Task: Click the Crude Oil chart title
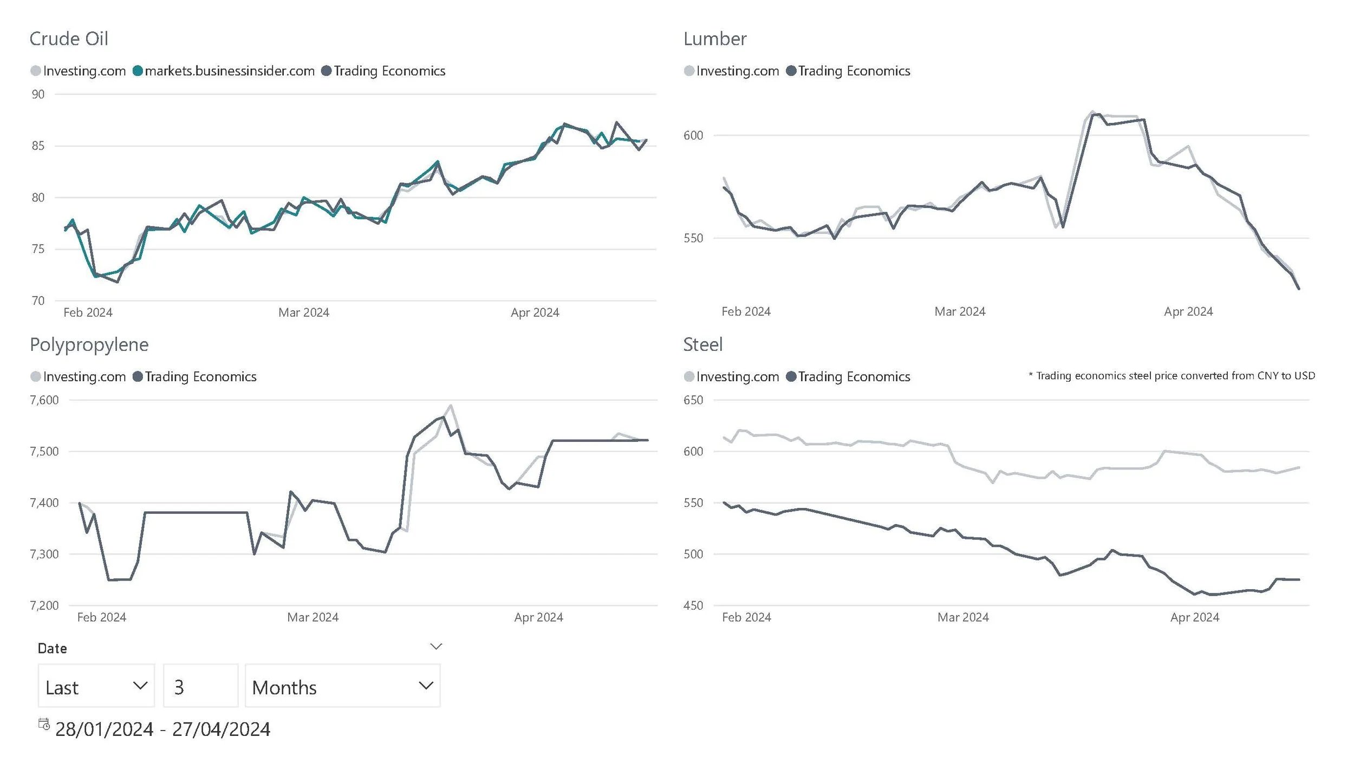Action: (x=69, y=39)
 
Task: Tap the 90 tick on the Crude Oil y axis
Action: (x=38, y=94)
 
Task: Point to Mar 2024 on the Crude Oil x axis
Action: (x=303, y=312)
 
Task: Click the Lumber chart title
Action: (x=714, y=39)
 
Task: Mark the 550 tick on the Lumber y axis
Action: (x=693, y=238)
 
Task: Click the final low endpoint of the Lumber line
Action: (x=1298, y=288)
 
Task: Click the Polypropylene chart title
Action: (x=89, y=344)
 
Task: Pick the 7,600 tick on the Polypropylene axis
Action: (x=44, y=400)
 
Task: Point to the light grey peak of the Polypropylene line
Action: (x=451, y=406)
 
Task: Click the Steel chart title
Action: (x=702, y=344)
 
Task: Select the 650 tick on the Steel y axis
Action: (x=693, y=400)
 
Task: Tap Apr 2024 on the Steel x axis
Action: (x=1194, y=617)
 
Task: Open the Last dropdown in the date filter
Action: (x=96, y=686)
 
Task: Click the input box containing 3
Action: (x=200, y=686)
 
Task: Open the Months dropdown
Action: (x=342, y=686)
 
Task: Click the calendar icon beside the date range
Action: (x=44, y=724)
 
